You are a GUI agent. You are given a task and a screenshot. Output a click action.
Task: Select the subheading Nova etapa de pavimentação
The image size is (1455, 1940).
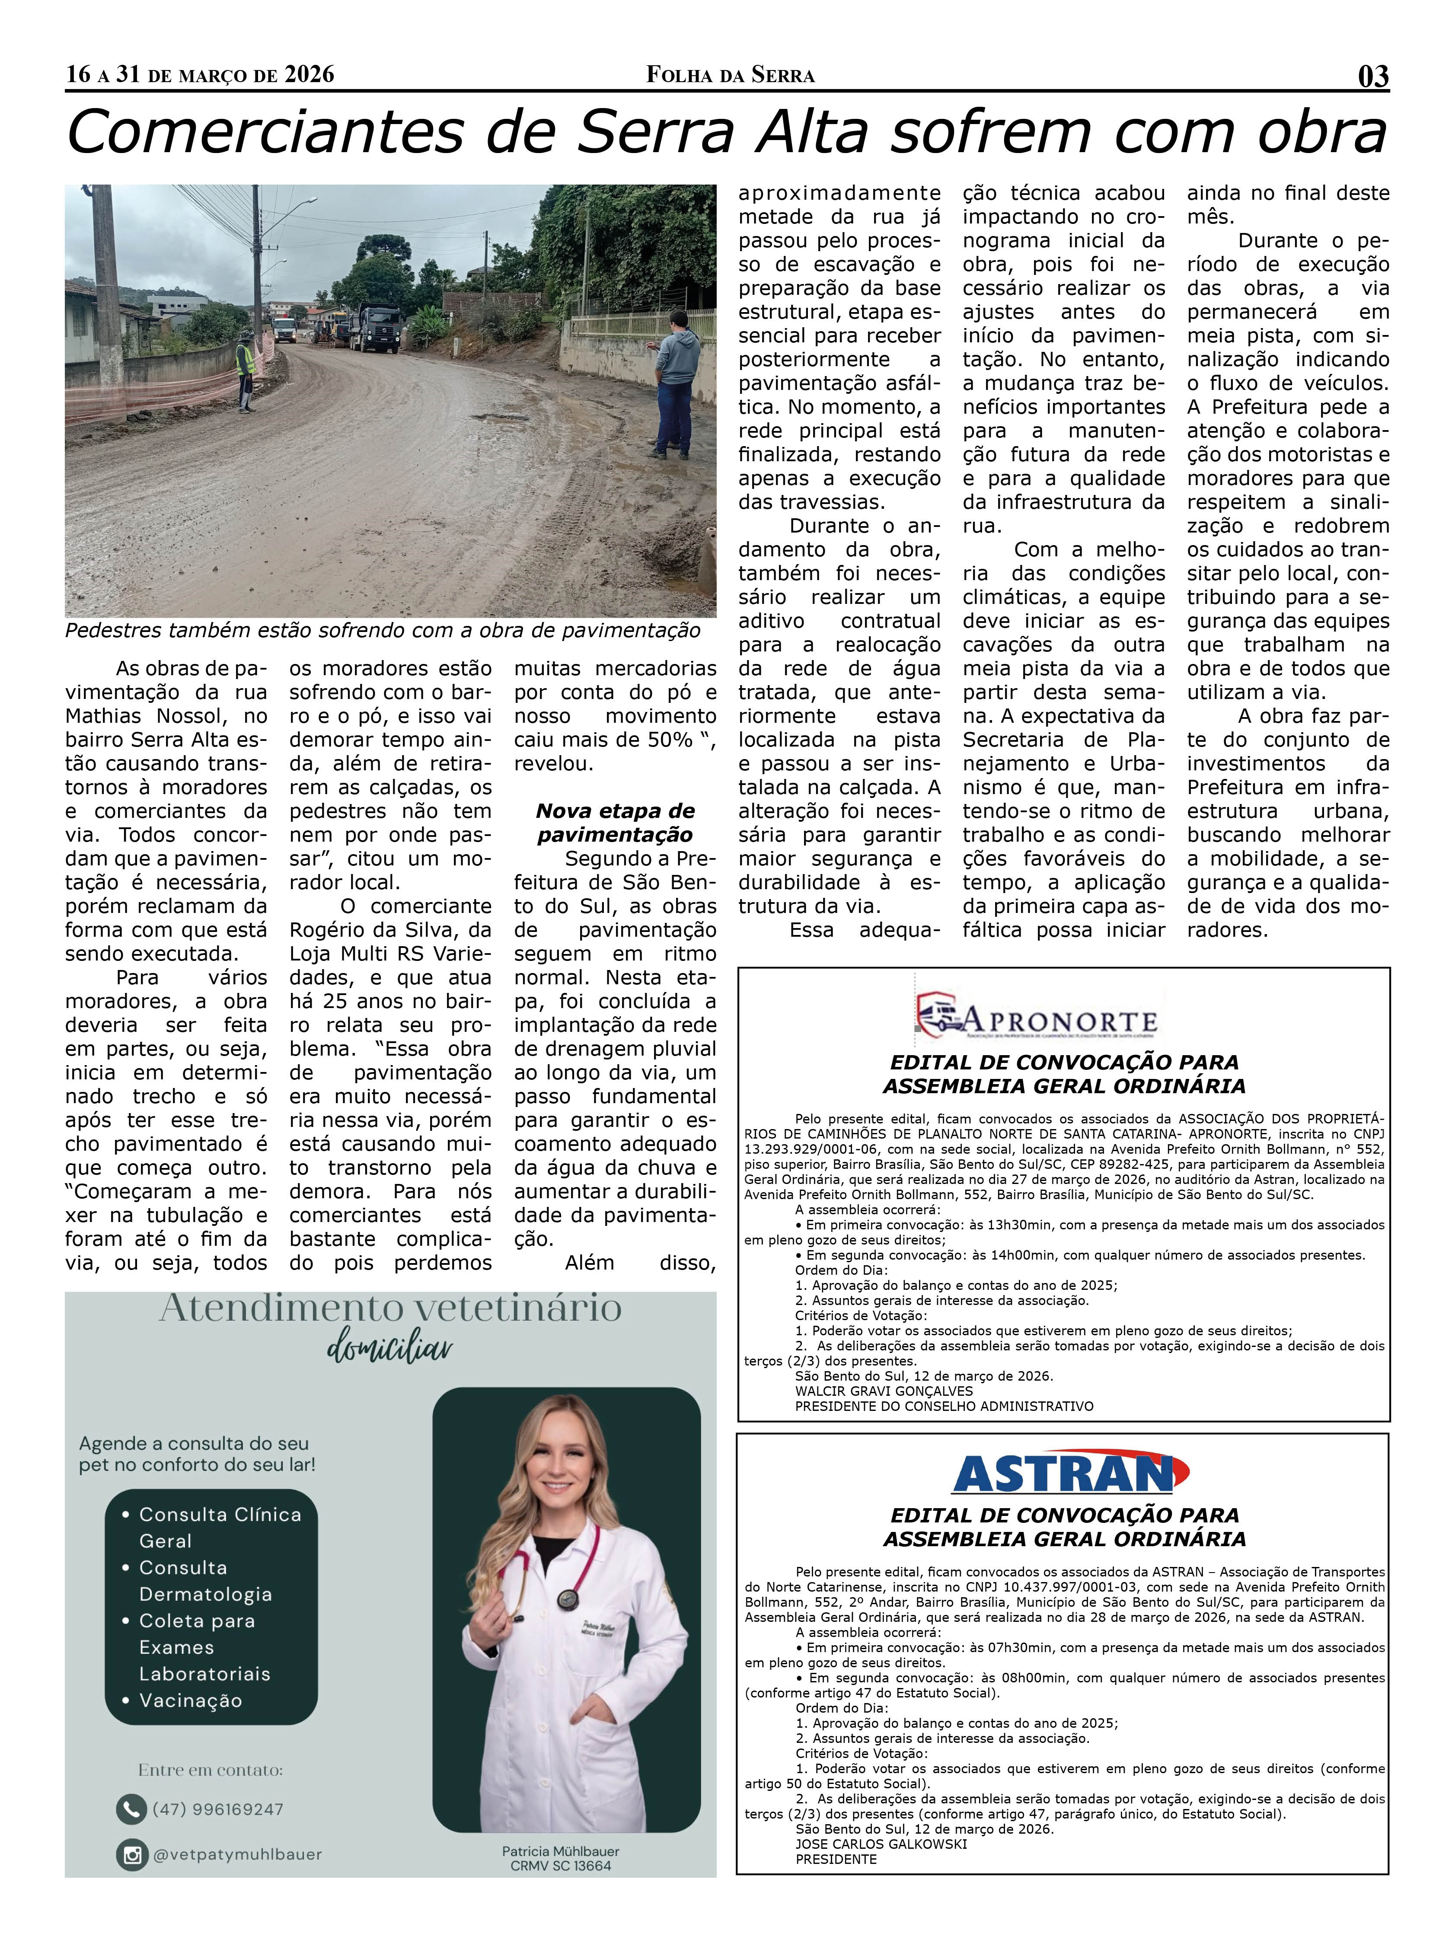(x=615, y=823)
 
